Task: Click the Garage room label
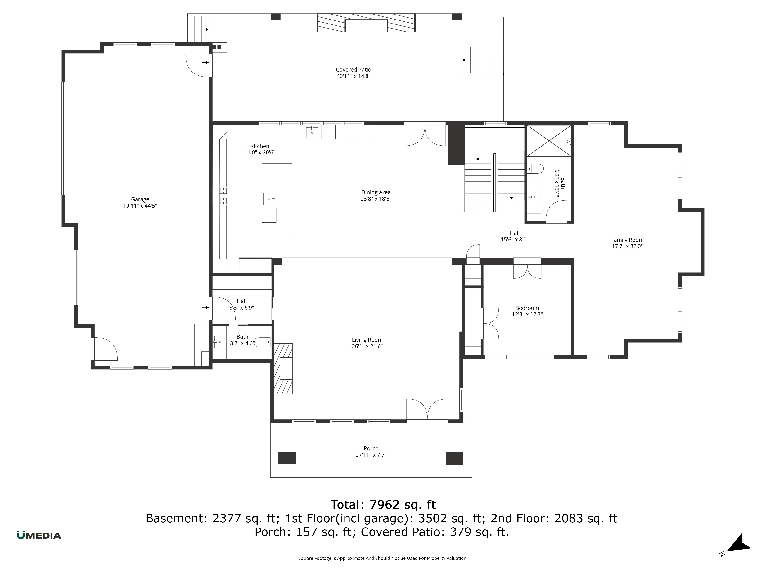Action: pos(140,199)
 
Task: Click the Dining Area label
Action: pos(376,192)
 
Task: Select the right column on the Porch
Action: pos(454,458)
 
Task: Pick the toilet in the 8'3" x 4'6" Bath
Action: pos(263,342)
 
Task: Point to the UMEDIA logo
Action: pos(39,535)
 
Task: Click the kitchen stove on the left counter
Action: pos(223,196)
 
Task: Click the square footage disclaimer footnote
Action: pos(383,558)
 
